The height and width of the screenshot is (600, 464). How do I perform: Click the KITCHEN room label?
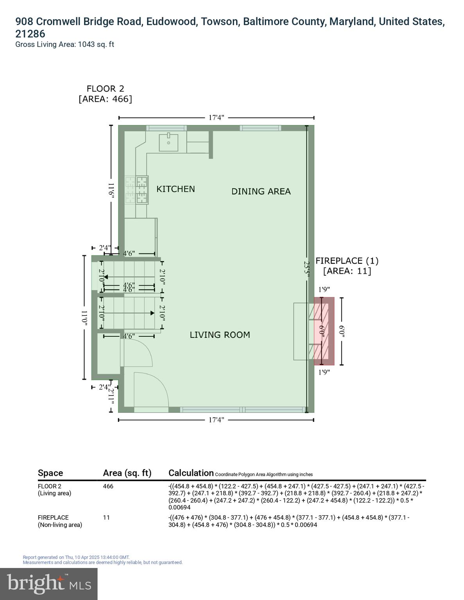coord(176,189)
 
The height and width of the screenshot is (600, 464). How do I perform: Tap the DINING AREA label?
coord(261,191)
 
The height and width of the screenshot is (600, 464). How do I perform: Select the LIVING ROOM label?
coord(220,335)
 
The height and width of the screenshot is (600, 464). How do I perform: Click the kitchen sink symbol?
coord(168,143)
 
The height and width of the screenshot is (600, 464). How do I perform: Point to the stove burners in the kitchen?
coord(142,190)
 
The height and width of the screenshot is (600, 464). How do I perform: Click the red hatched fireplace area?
coord(324,331)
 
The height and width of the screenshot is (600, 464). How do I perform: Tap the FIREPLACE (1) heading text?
coord(347,261)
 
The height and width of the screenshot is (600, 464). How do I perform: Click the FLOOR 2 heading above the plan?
coord(105,89)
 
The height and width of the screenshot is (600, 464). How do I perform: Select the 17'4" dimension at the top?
coord(216,118)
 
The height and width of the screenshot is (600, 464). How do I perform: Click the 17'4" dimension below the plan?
coord(216,420)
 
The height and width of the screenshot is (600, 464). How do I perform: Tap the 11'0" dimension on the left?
coord(84,318)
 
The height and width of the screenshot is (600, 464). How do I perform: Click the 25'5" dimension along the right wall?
coord(307,270)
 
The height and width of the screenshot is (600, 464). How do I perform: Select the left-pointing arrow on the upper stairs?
coord(106,277)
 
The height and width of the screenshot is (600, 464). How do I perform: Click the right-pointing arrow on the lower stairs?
coord(152,313)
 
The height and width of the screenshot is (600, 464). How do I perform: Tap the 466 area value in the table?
coord(108,486)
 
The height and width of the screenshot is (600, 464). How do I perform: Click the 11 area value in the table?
coord(106,518)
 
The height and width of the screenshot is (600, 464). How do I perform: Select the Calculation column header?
coord(191,473)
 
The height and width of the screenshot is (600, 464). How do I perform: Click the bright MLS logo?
coord(48,584)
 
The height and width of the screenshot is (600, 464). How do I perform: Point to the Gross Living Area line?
coord(64,45)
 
